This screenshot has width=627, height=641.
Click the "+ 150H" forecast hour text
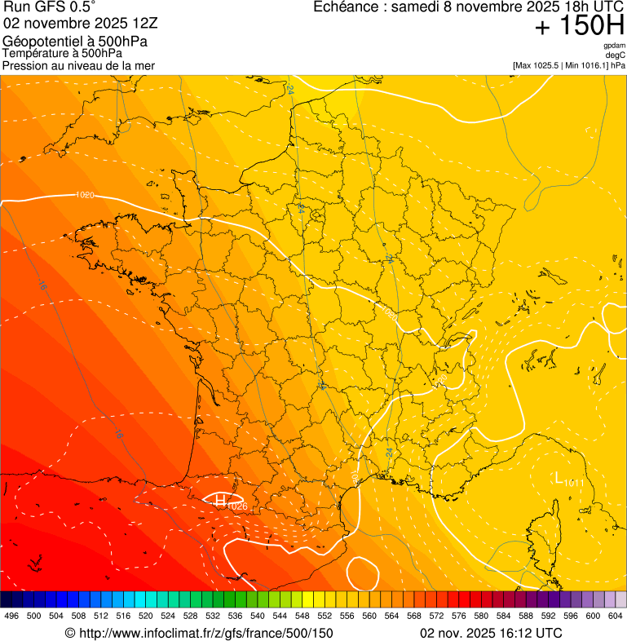579,27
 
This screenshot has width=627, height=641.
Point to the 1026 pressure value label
237,506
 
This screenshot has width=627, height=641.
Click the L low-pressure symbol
559,477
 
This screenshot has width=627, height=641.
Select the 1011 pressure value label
575,483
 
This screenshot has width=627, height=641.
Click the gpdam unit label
614,46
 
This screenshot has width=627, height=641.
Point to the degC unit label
616,55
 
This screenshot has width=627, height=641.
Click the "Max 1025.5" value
539,64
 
